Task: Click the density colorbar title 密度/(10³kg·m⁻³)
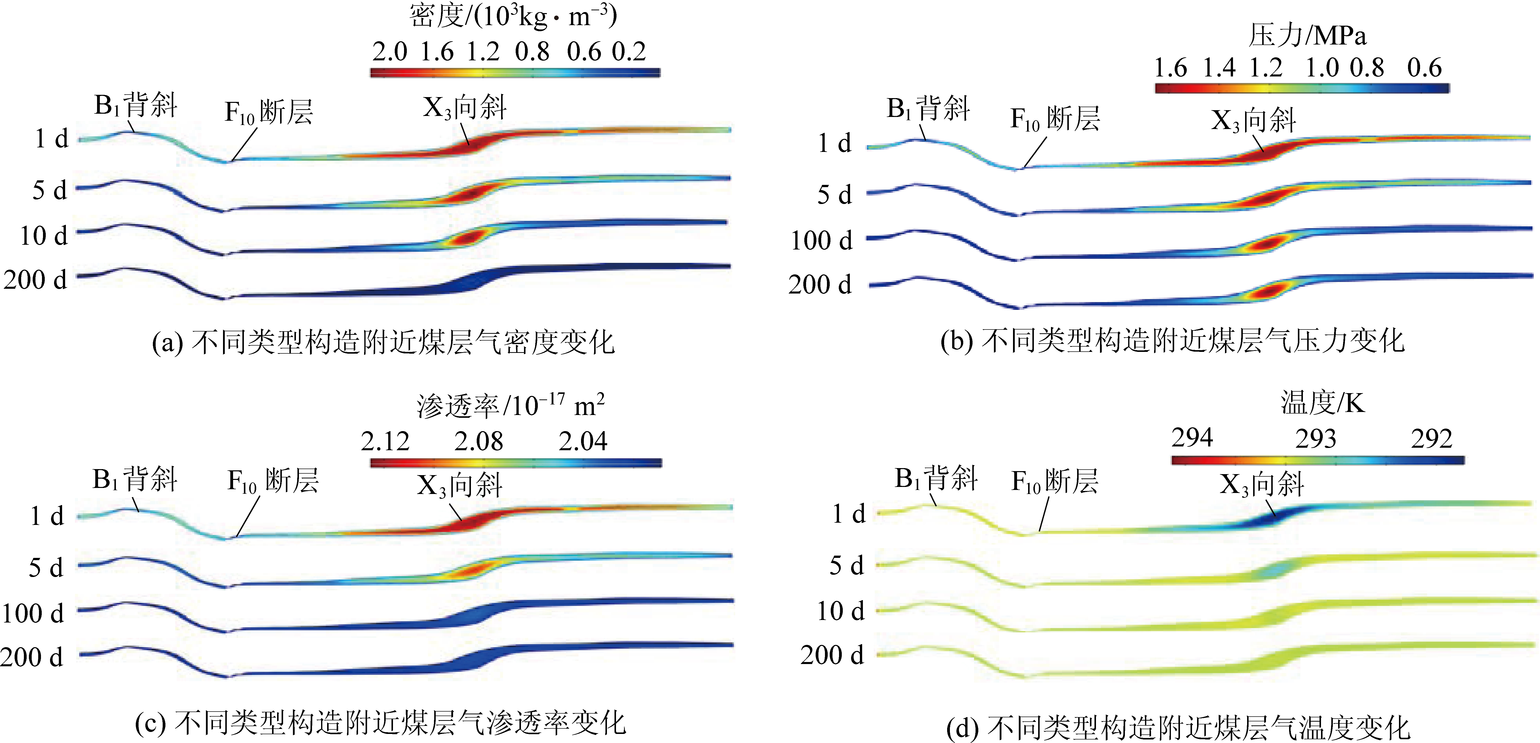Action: tap(513, 16)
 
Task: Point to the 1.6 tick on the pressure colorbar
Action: tap(1170, 68)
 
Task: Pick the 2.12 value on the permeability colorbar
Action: tap(385, 441)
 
